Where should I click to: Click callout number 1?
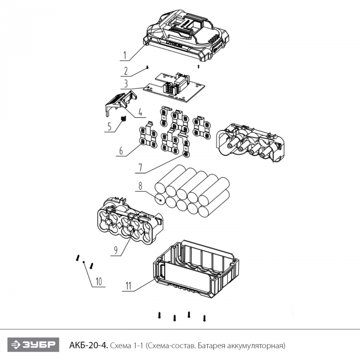[124, 55]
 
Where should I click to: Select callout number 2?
[126, 71]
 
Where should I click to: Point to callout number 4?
[140, 112]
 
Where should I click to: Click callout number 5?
[109, 127]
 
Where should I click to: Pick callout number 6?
[121, 151]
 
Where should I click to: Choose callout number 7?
[140, 167]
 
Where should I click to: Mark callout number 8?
[140, 186]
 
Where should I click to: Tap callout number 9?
[116, 250]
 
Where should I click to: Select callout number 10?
[99, 281]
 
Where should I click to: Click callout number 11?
[128, 286]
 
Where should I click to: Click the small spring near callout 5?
[123, 119]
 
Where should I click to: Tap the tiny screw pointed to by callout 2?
[148, 67]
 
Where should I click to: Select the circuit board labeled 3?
[174, 88]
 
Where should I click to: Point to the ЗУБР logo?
[33, 345]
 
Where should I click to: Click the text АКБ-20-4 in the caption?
[88, 345]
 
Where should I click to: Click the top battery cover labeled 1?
[186, 35]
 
